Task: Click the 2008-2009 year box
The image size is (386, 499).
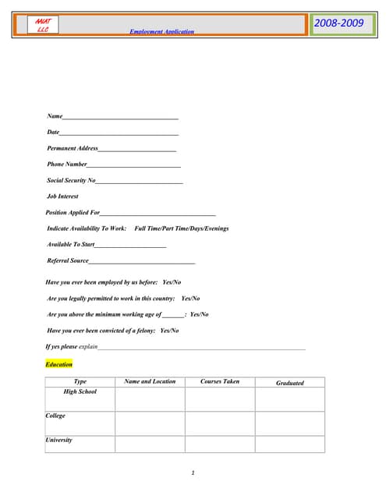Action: pyautogui.click(x=338, y=24)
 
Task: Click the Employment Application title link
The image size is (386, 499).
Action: pyautogui.click(x=161, y=32)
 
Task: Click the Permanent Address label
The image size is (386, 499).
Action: pyautogui.click(x=73, y=148)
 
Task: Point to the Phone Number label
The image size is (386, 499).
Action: pyautogui.click(x=67, y=165)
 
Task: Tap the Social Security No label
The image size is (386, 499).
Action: pyautogui.click(x=71, y=180)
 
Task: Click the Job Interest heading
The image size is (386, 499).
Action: pyautogui.click(x=62, y=196)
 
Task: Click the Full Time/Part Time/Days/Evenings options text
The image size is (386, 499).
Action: pyautogui.click(x=182, y=228)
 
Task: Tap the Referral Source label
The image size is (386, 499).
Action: pyautogui.click(x=68, y=260)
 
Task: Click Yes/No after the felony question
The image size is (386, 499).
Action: pyautogui.click(x=169, y=331)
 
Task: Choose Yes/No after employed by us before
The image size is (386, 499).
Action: pyautogui.click(x=172, y=282)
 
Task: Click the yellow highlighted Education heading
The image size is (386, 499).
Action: pyautogui.click(x=59, y=364)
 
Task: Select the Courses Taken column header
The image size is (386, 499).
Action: pyautogui.click(x=220, y=382)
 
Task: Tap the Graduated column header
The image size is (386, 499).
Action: pyautogui.click(x=289, y=383)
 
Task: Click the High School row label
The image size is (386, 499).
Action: pyautogui.click(x=80, y=391)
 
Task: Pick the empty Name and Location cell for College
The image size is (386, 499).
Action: pyautogui.click(x=150, y=423)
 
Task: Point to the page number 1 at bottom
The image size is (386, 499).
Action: pyautogui.click(x=193, y=472)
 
